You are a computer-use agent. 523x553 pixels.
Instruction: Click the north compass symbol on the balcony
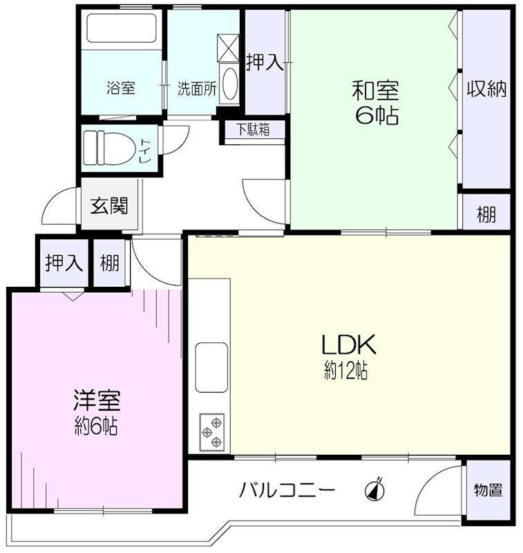[x=375, y=490]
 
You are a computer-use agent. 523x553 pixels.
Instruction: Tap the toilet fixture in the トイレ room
[x=110, y=148]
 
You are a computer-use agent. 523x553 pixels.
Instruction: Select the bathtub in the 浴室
[x=122, y=28]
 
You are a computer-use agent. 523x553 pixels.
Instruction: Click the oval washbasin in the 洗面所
[x=231, y=84]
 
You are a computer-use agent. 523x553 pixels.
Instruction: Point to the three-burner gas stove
[x=212, y=432]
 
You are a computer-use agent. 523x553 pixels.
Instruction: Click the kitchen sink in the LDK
[x=211, y=367]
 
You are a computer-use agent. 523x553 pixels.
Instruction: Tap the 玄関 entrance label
[x=109, y=205]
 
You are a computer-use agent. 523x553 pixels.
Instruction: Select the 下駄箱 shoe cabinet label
[x=254, y=129]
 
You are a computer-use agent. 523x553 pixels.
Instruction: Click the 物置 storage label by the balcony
[x=488, y=490]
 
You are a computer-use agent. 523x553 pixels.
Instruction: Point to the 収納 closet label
[x=486, y=89]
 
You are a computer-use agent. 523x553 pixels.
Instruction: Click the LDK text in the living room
[x=348, y=344]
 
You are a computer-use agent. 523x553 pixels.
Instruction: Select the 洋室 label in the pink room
[x=97, y=401]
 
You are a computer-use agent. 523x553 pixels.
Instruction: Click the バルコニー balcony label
[x=287, y=490]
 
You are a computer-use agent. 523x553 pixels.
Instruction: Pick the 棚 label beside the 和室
[x=486, y=214]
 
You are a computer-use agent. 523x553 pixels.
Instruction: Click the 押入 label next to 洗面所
[x=265, y=62]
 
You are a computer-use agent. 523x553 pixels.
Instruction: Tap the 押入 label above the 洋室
[x=64, y=263]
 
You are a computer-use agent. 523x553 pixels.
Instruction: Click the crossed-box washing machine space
[x=228, y=48]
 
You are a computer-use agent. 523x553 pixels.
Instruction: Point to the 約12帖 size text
[x=345, y=371]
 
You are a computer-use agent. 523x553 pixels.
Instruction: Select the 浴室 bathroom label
[x=121, y=88]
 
